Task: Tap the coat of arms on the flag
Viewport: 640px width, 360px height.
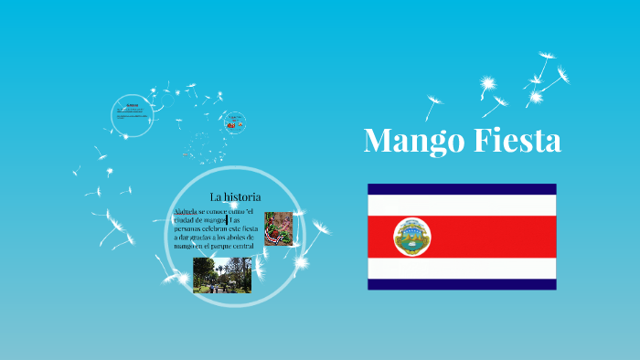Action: coord(411,237)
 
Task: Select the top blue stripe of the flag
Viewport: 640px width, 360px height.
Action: coord(462,189)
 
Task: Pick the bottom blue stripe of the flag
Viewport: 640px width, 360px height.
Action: coord(462,284)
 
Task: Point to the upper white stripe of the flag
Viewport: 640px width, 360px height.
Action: coord(462,205)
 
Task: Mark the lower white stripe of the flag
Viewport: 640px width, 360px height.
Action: coord(462,268)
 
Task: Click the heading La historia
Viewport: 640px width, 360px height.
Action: coord(235,196)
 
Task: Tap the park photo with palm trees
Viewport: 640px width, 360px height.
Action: coord(222,274)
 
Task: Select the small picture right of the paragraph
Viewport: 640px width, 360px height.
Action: coord(278,228)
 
